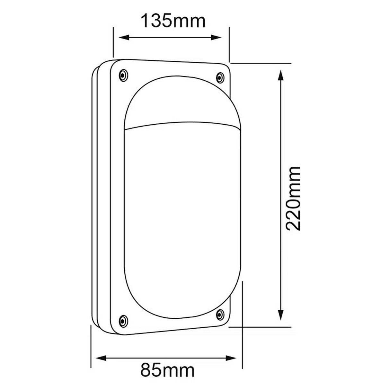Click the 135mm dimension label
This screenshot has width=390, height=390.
(173, 21)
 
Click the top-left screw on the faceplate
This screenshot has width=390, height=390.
(123, 75)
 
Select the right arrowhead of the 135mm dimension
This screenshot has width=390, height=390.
(216, 38)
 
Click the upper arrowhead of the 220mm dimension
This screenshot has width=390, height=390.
(280, 76)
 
